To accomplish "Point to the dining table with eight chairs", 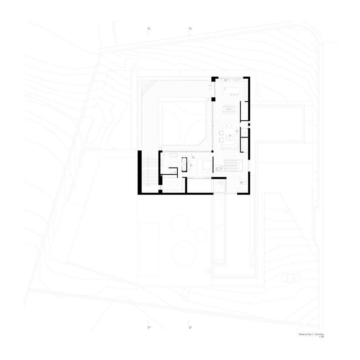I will click(229, 108).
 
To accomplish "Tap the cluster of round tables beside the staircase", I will click(218, 168).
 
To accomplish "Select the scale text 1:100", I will click(321, 337).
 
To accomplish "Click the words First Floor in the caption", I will click(319, 334).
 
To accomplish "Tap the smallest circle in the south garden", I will click(200, 234).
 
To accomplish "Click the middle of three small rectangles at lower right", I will click(290, 278).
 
